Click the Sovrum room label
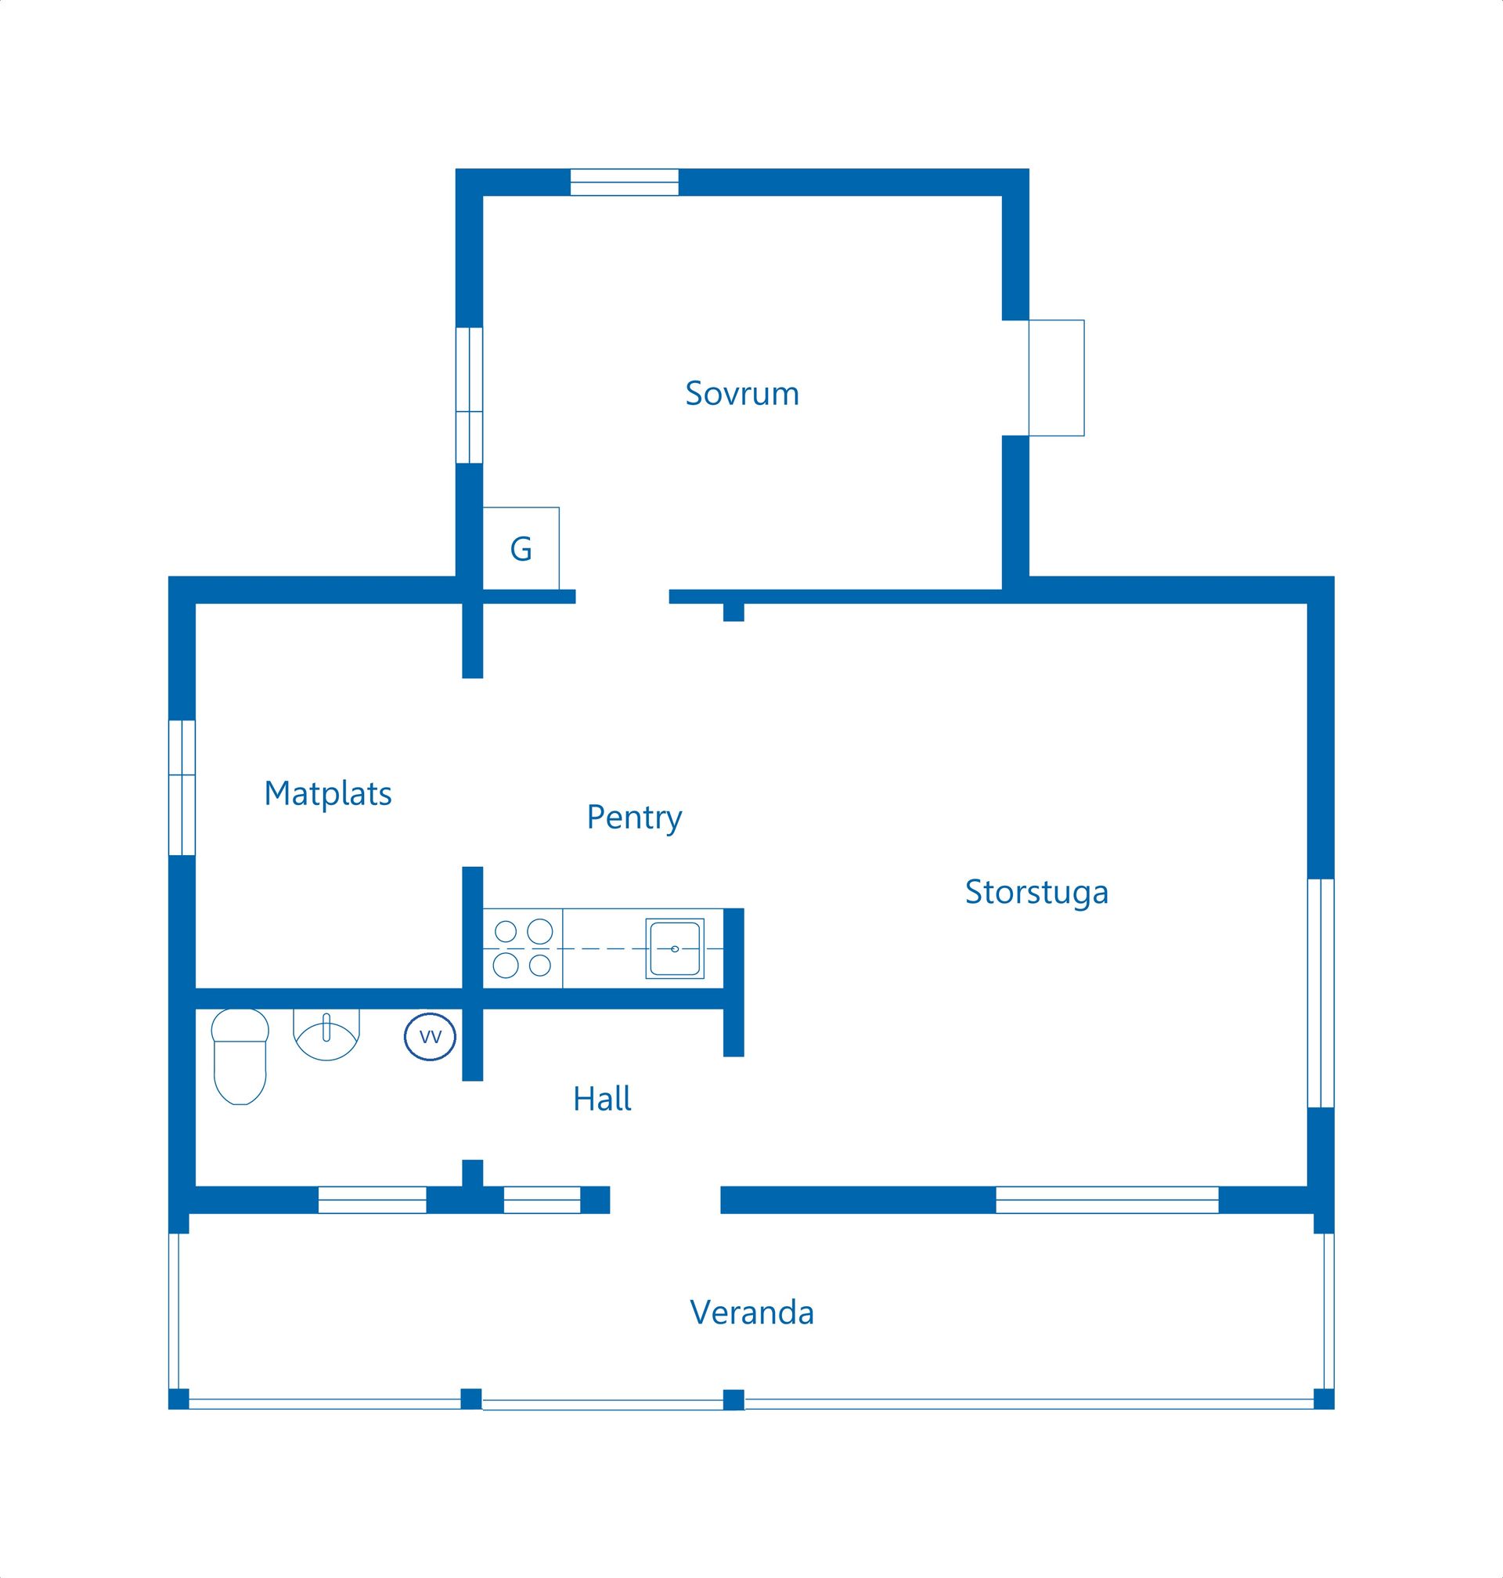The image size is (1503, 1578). pos(742,393)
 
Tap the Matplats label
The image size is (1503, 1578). pos(328,793)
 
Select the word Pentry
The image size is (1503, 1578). pos(634,818)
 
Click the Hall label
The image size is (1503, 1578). pos(602,1099)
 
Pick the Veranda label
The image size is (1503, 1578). pos(751,1313)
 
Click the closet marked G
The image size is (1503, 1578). pos(521,548)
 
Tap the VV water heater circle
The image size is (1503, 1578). pos(431,1037)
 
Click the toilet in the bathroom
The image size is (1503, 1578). pos(240,1056)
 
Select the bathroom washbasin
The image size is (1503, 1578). pos(326,1034)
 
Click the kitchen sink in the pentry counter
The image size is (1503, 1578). pos(675,949)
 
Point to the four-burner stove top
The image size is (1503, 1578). pos(523,949)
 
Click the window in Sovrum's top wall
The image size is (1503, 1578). pos(624,182)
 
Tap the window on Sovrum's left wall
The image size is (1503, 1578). pos(470,395)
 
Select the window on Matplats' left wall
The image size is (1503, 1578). pos(182,788)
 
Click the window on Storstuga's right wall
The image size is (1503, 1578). pos(1321,993)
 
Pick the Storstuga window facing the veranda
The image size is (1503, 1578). pos(1107,1200)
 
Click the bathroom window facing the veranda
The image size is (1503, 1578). pos(372,1200)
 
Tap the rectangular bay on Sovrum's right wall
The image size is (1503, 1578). pos(1056,378)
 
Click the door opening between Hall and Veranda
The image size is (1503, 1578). pos(665,1200)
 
